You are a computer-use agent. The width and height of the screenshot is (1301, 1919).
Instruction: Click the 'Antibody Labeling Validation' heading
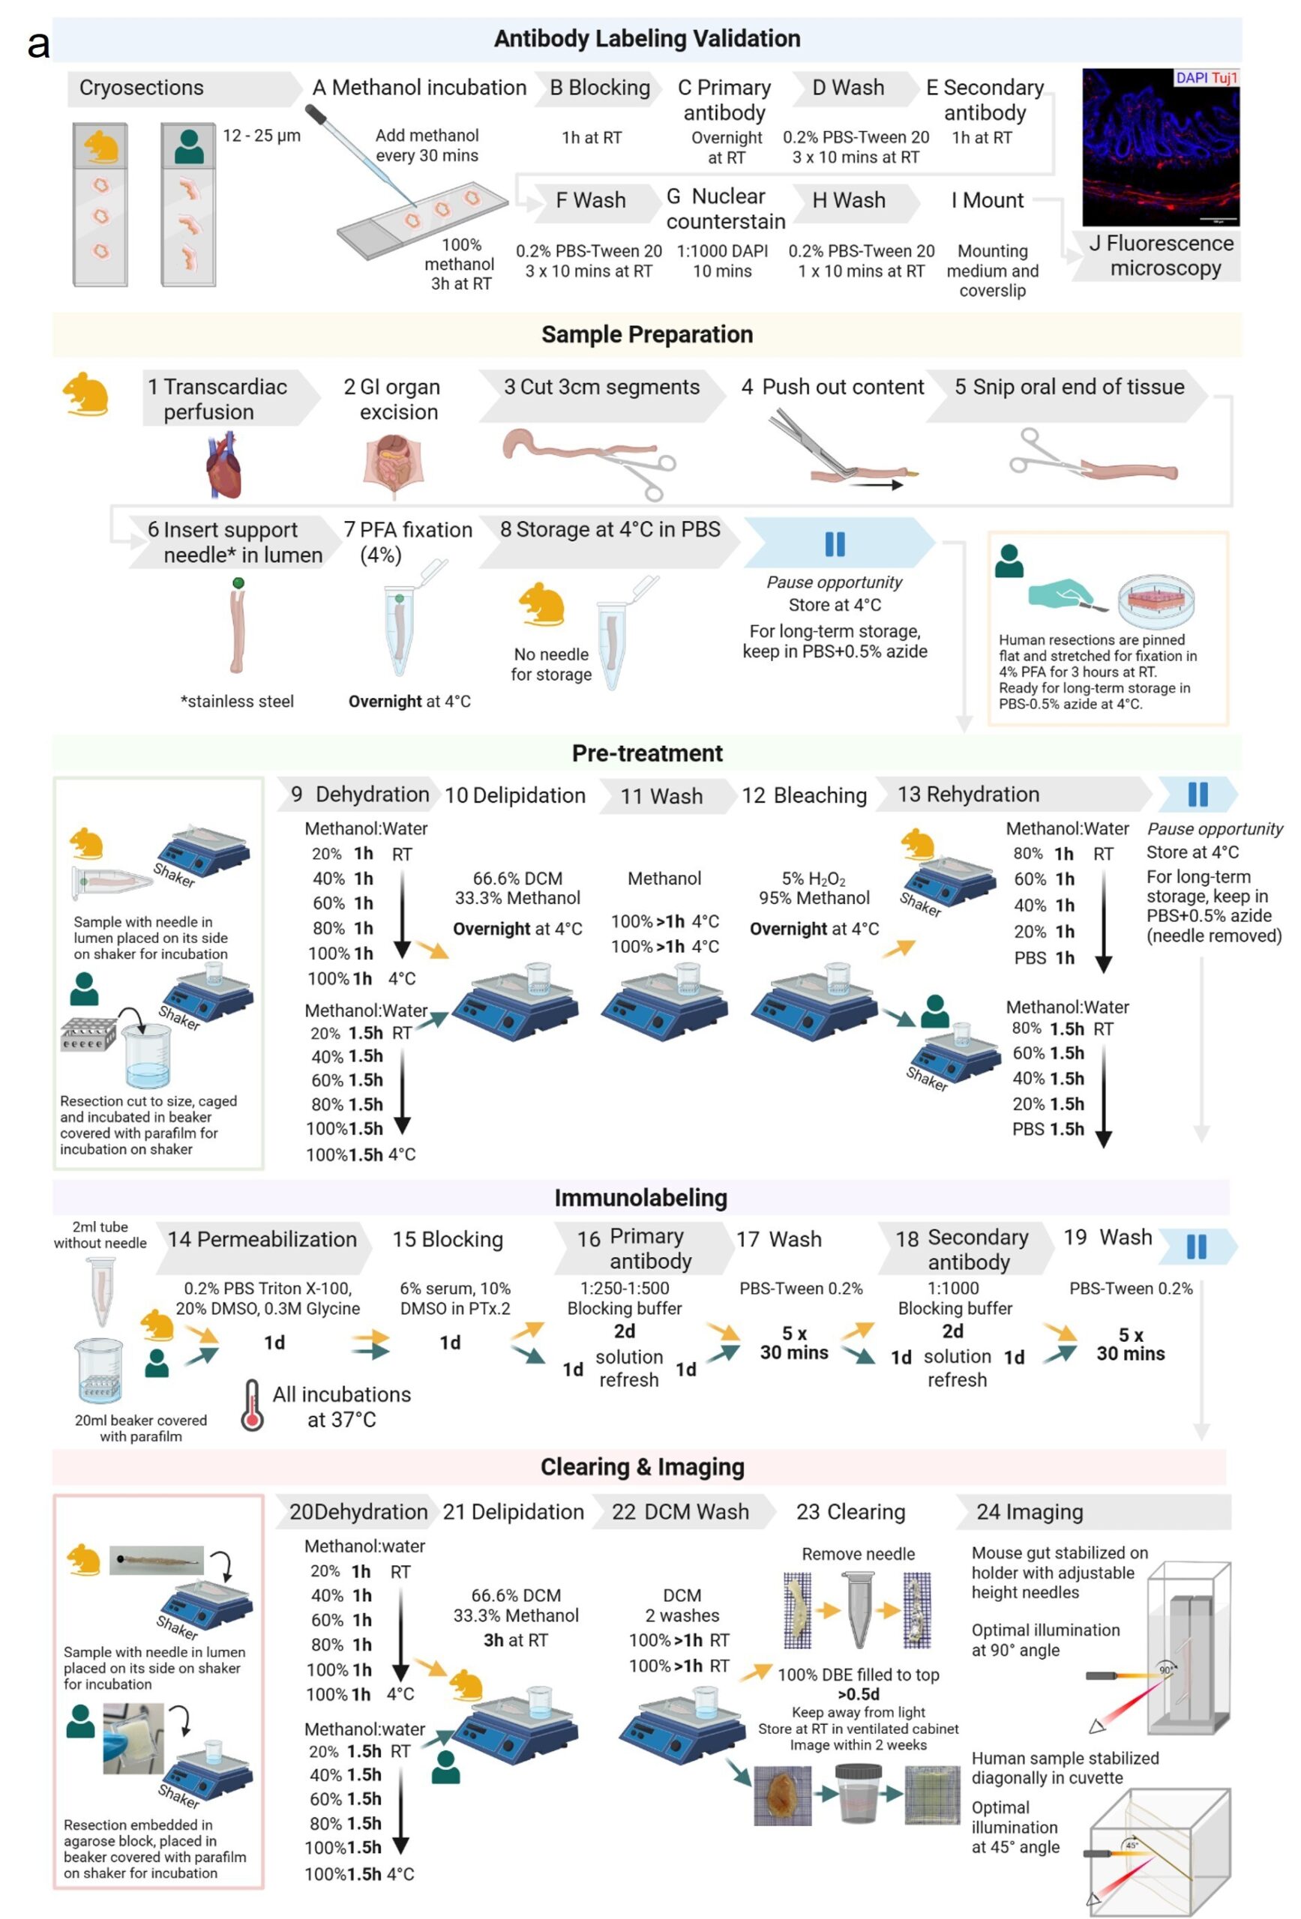(647, 39)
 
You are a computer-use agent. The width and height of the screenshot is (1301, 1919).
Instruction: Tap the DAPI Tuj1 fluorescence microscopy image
(1160, 147)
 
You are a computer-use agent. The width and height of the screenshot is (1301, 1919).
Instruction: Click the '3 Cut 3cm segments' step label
(601, 387)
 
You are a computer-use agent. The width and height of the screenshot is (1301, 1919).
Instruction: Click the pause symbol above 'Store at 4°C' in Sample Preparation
(835, 544)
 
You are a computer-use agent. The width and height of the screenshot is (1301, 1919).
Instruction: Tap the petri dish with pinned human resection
(1156, 599)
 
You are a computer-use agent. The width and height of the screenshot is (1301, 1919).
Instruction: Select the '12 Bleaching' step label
(804, 795)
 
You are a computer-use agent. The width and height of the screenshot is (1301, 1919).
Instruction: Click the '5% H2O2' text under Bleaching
(814, 879)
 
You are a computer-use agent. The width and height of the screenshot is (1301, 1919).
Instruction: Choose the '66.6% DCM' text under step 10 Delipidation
(517, 879)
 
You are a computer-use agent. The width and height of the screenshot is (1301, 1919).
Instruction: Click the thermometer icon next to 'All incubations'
(252, 1406)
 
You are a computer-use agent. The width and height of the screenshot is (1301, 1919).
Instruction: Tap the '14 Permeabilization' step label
(262, 1239)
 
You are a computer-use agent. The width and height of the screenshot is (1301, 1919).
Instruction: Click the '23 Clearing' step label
(850, 1512)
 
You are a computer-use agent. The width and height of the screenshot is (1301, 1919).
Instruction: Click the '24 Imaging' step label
(1030, 1512)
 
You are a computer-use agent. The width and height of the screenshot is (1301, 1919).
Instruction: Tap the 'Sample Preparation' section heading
(647, 334)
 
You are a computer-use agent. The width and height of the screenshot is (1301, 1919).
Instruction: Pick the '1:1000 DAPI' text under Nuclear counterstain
(722, 251)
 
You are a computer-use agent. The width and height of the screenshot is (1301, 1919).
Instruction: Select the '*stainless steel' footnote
(237, 701)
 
